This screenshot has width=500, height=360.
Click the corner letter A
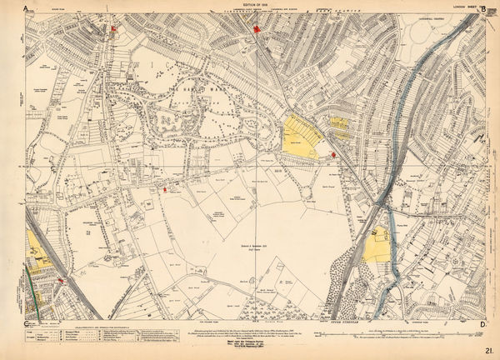coord(27,7)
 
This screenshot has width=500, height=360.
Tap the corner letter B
coord(414,7)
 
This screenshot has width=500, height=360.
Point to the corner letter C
coord(27,323)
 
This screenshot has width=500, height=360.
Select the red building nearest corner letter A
coord(114,29)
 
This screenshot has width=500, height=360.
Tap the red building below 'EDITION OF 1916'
coord(258,32)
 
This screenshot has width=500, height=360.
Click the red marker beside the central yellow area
coord(333,155)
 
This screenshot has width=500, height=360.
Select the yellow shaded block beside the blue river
coord(377,247)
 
